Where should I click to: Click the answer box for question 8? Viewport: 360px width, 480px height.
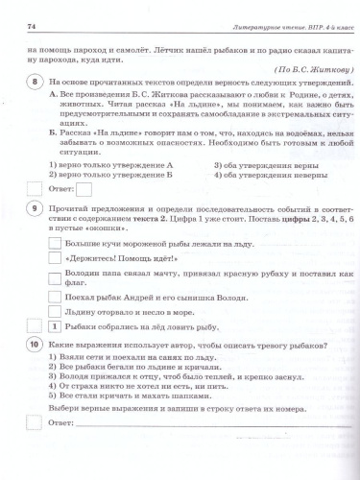[x=84, y=189]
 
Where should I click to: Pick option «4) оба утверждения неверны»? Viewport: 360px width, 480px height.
[x=258, y=176]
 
